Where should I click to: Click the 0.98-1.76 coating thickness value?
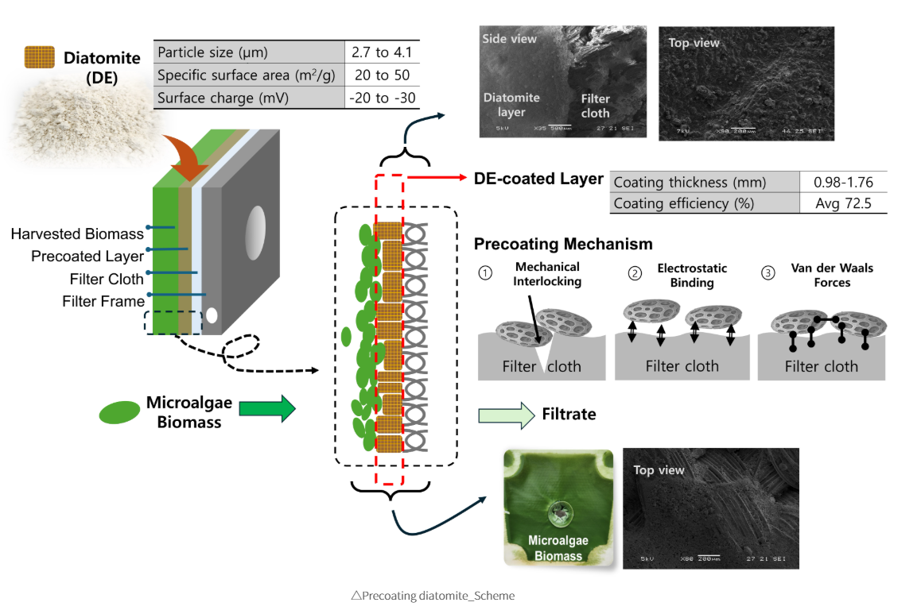[843, 182]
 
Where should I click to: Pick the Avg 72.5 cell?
[843, 203]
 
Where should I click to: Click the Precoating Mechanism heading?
[563, 244]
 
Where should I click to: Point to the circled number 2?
[635, 273]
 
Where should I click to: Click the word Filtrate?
[569, 414]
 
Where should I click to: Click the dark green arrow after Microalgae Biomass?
[266, 410]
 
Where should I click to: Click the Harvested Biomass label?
[77, 234]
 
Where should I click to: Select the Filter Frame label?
[103, 301]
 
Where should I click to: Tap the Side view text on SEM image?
[509, 39]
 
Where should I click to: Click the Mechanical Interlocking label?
[548, 274]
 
